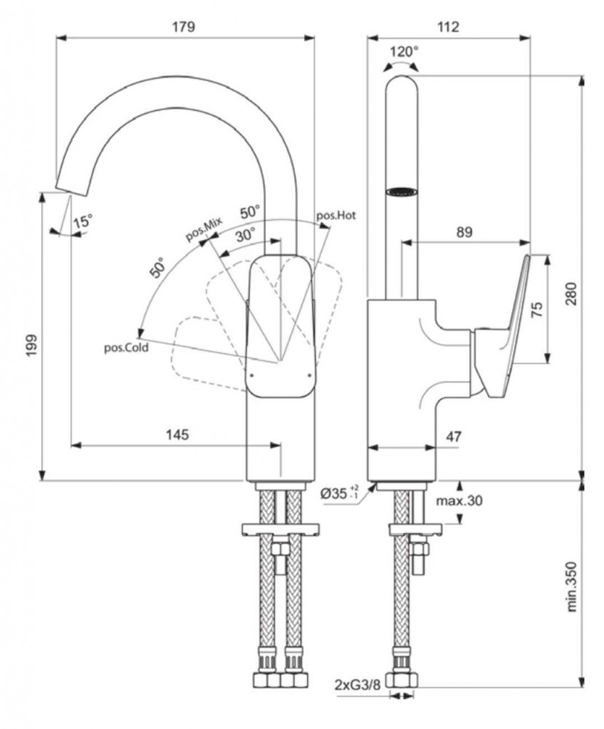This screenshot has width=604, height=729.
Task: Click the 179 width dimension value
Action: (184, 27)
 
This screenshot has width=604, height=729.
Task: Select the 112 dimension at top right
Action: (448, 27)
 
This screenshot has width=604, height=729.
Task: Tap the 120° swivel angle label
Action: (405, 51)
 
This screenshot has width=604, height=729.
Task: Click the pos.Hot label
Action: (335, 214)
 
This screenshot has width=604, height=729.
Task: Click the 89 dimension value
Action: (463, 232)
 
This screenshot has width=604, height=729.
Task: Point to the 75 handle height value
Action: (538, 308)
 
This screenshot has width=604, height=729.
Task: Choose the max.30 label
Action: (459, 500)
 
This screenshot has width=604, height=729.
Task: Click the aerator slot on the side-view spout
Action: (401, 191)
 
